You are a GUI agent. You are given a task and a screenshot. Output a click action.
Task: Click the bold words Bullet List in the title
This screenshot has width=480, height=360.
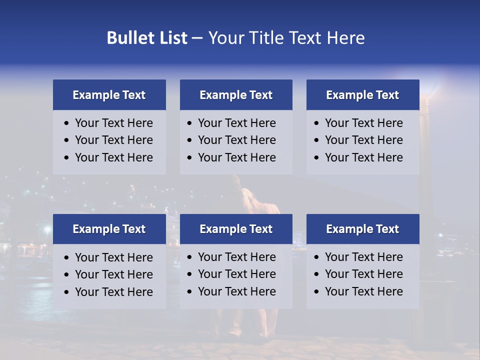[x=147, y=38]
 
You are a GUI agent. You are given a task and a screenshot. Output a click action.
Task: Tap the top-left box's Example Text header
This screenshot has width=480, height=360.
[x=109, y=95]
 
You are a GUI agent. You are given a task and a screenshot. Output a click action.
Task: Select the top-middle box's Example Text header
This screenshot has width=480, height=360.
[x=236, y=95]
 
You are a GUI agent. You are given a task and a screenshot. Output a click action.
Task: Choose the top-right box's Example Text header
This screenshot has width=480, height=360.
[x=362, y=95]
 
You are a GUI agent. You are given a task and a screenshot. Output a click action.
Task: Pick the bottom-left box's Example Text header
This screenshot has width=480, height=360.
[x=109, y=229]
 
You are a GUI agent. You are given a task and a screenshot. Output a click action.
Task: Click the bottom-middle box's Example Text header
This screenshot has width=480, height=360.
[x=236, y=229]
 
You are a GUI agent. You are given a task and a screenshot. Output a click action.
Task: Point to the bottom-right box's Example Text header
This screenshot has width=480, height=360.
[x=362, y=229]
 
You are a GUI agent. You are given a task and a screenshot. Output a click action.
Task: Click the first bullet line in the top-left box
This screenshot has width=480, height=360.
[x=113, y=123]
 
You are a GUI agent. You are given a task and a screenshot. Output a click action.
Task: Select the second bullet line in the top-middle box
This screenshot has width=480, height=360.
[x=236, y=140]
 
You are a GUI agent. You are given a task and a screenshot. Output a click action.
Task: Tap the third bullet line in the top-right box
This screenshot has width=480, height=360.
[x=363, y=157]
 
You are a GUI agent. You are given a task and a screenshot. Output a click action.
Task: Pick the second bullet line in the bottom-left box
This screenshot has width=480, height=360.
[x=113, y=274]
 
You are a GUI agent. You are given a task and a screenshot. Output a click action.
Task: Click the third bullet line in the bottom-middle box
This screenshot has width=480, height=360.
[x=236, y=291]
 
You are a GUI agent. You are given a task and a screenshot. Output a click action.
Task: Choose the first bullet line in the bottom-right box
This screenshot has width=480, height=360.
[x=363, y=257]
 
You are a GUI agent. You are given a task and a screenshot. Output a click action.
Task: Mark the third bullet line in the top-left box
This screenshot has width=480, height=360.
[x=113, y=157]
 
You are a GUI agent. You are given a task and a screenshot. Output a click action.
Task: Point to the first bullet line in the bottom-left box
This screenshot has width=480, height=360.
[x=113, y=257]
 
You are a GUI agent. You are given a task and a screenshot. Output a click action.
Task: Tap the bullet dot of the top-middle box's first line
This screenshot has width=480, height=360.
[x=189, y=123]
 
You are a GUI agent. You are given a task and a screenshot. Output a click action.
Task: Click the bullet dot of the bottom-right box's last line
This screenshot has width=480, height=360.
[x=316, y=292]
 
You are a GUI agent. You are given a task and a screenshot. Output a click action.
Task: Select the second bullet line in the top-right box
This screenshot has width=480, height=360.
[x=363, y=140]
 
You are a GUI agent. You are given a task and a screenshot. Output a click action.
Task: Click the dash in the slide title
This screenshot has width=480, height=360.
[x=197, y=38]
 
